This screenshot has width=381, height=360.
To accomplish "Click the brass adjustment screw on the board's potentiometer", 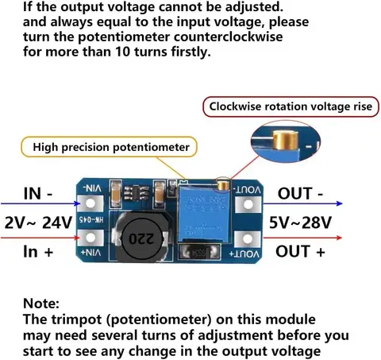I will click(x=227, y=186).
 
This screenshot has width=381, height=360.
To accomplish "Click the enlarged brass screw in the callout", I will click(x=283, y=141).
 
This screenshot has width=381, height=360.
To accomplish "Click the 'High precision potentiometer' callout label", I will click(x=110, y=147).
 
